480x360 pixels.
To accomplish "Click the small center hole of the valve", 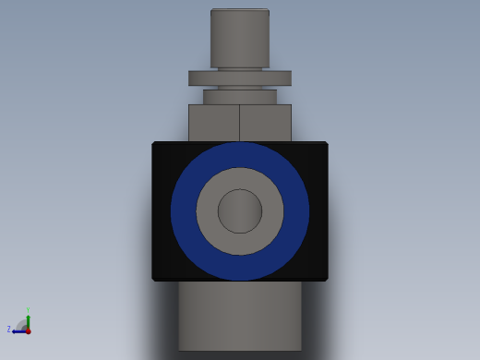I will (x=240, y=211).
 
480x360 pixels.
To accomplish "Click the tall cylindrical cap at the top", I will (x=240, y=37).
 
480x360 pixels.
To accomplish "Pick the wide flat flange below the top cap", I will (x=240, y=78).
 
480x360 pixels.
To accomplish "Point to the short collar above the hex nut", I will (x=240, y=97).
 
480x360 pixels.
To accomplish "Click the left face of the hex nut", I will (x=214, y=122).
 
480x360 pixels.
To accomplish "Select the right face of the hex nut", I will (x=265, y=122).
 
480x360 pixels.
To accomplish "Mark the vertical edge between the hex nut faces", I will (x=240, y=122).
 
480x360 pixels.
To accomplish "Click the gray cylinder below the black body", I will (x=240, y=316).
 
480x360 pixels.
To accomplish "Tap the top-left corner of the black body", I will (x=154, y=144).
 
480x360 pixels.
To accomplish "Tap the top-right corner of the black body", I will (x=326, y=144).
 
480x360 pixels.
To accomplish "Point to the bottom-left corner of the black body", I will (x=154, y=278).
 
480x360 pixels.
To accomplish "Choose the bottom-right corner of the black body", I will (x=326, y=278).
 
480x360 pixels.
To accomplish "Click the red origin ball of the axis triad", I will (x=28, y=330).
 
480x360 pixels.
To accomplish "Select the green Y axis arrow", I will (x=28, y=318).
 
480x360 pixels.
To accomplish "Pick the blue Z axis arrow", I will (x=18, y=330).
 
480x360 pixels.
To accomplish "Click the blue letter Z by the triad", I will (x=9, y=330).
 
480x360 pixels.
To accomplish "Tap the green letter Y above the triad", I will (x=28, y=310).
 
